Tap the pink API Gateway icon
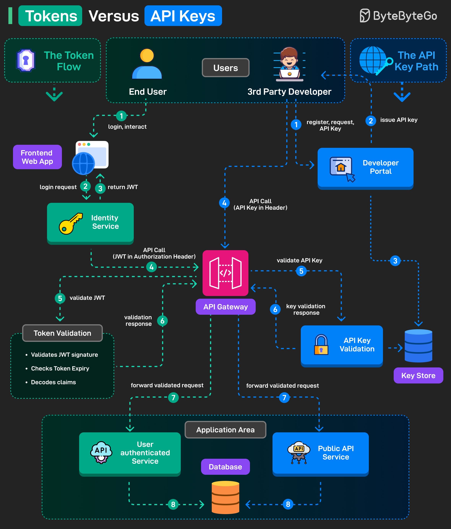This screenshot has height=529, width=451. pos(225,273)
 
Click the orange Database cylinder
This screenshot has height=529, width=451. pos(225,497)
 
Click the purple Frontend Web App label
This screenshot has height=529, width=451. pos(37,157)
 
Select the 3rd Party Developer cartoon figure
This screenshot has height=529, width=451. pos(289,64)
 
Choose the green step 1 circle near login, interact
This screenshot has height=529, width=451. pos(121,116)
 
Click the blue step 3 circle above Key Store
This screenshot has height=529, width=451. pos(395,261)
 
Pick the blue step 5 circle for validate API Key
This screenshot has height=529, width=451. pos(301,271)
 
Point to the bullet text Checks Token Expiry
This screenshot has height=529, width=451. pos(60,368)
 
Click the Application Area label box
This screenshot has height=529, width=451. pos(225,430)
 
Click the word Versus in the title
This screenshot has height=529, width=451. pos(114,16)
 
